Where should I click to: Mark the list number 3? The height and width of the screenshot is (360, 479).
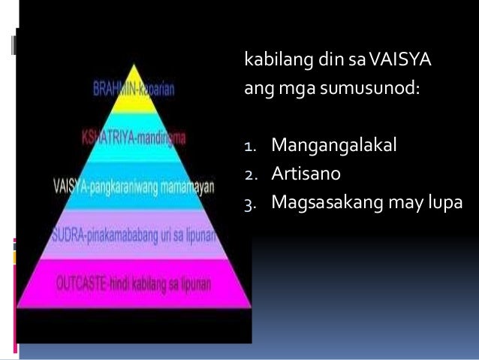click(249, 204)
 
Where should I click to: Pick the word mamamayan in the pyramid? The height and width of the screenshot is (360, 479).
click(193, 185)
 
